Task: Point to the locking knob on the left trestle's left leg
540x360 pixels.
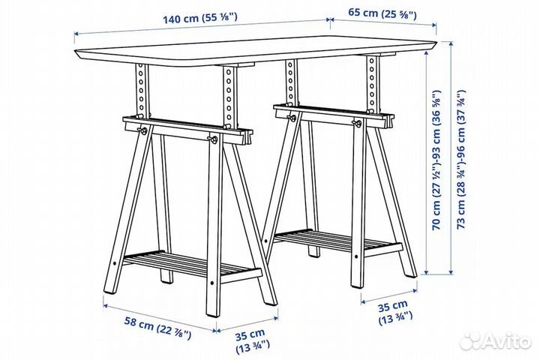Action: pyautogui.click(x=142, y=132)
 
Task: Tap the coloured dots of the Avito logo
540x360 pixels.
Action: pyautogui.click(x=470, y=341)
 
